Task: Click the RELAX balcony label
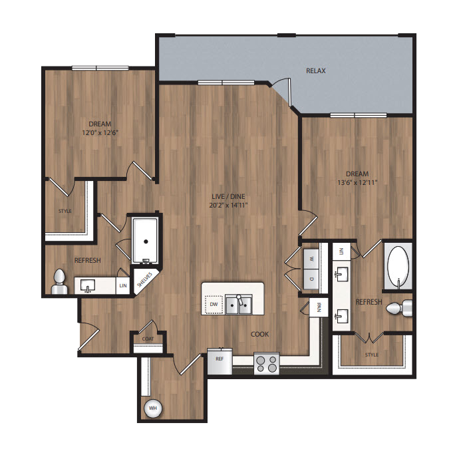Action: [315, 71]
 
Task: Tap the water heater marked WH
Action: [152, 408]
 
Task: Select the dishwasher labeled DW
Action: [214, 304]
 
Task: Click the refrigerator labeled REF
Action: [220, 361]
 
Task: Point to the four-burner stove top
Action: [266, 364]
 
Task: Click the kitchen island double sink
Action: [238, 305]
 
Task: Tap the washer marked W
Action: [311, 259]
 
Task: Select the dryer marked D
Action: [311, 279]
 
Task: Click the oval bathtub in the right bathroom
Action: [398, 266]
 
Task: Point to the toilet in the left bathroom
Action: [59, 282]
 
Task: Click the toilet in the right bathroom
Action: [399, 308]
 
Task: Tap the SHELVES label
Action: [144, 279]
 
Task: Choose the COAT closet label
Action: [148, 339]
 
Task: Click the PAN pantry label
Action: [319, 308]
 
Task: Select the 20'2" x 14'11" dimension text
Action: [228, 205]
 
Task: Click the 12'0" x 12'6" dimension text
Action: [100, 132]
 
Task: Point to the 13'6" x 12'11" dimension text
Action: [357, 182]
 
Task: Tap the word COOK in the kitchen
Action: [259, 335]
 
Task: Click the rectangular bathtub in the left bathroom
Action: [145, 241]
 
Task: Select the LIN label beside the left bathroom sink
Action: [123, 285]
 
